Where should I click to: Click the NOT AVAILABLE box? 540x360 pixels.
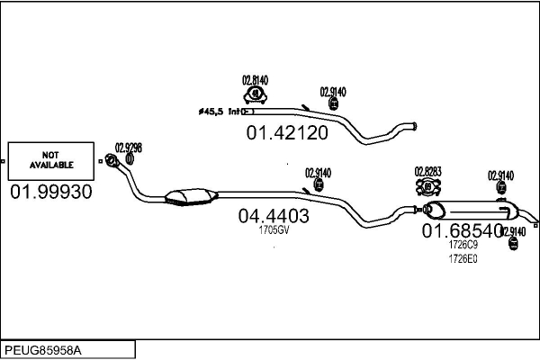[x=51, y=161]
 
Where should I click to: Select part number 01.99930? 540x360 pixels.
[x=51, y=192]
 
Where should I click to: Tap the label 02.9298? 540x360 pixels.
[x=128, y=148]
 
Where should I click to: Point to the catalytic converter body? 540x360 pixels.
[x=191, y=197]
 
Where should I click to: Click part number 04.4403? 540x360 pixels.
[x=274, y=216]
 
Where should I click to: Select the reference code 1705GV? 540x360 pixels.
[x=274, y=230]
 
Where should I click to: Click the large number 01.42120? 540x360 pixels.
[x=287, y=132]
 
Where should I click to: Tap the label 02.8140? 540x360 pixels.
[x=256, y=81]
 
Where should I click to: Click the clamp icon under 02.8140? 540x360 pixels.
[x=256, y=95]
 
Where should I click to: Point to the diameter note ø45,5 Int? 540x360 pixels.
[x=220, y=112]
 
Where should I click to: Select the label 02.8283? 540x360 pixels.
[x=427, y=171]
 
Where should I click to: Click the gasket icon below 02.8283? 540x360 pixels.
[x=428, y=187]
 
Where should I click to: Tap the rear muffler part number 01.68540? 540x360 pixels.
[x=463, y=230]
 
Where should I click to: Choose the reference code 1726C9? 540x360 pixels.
[x=463, y=245]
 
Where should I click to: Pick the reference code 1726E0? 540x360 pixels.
[x=463, y=258]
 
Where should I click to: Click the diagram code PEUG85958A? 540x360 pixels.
[x=43, y=351]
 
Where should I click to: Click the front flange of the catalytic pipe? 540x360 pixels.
[x=112, y=160]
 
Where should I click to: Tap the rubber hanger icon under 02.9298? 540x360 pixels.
[x=130, y=158]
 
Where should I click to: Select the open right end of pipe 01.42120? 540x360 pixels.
[x=415, y=126]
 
